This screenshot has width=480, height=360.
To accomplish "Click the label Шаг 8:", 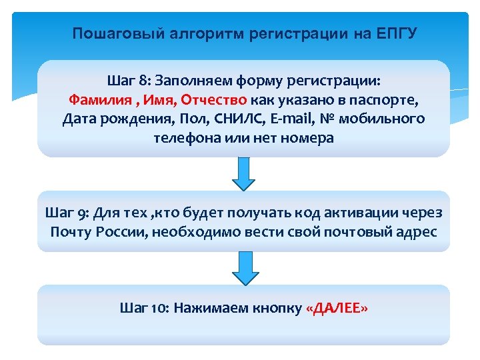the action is point(129,81).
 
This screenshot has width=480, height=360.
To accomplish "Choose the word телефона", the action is point(185,139).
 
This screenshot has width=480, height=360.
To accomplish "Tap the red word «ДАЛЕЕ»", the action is point(337,307).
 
